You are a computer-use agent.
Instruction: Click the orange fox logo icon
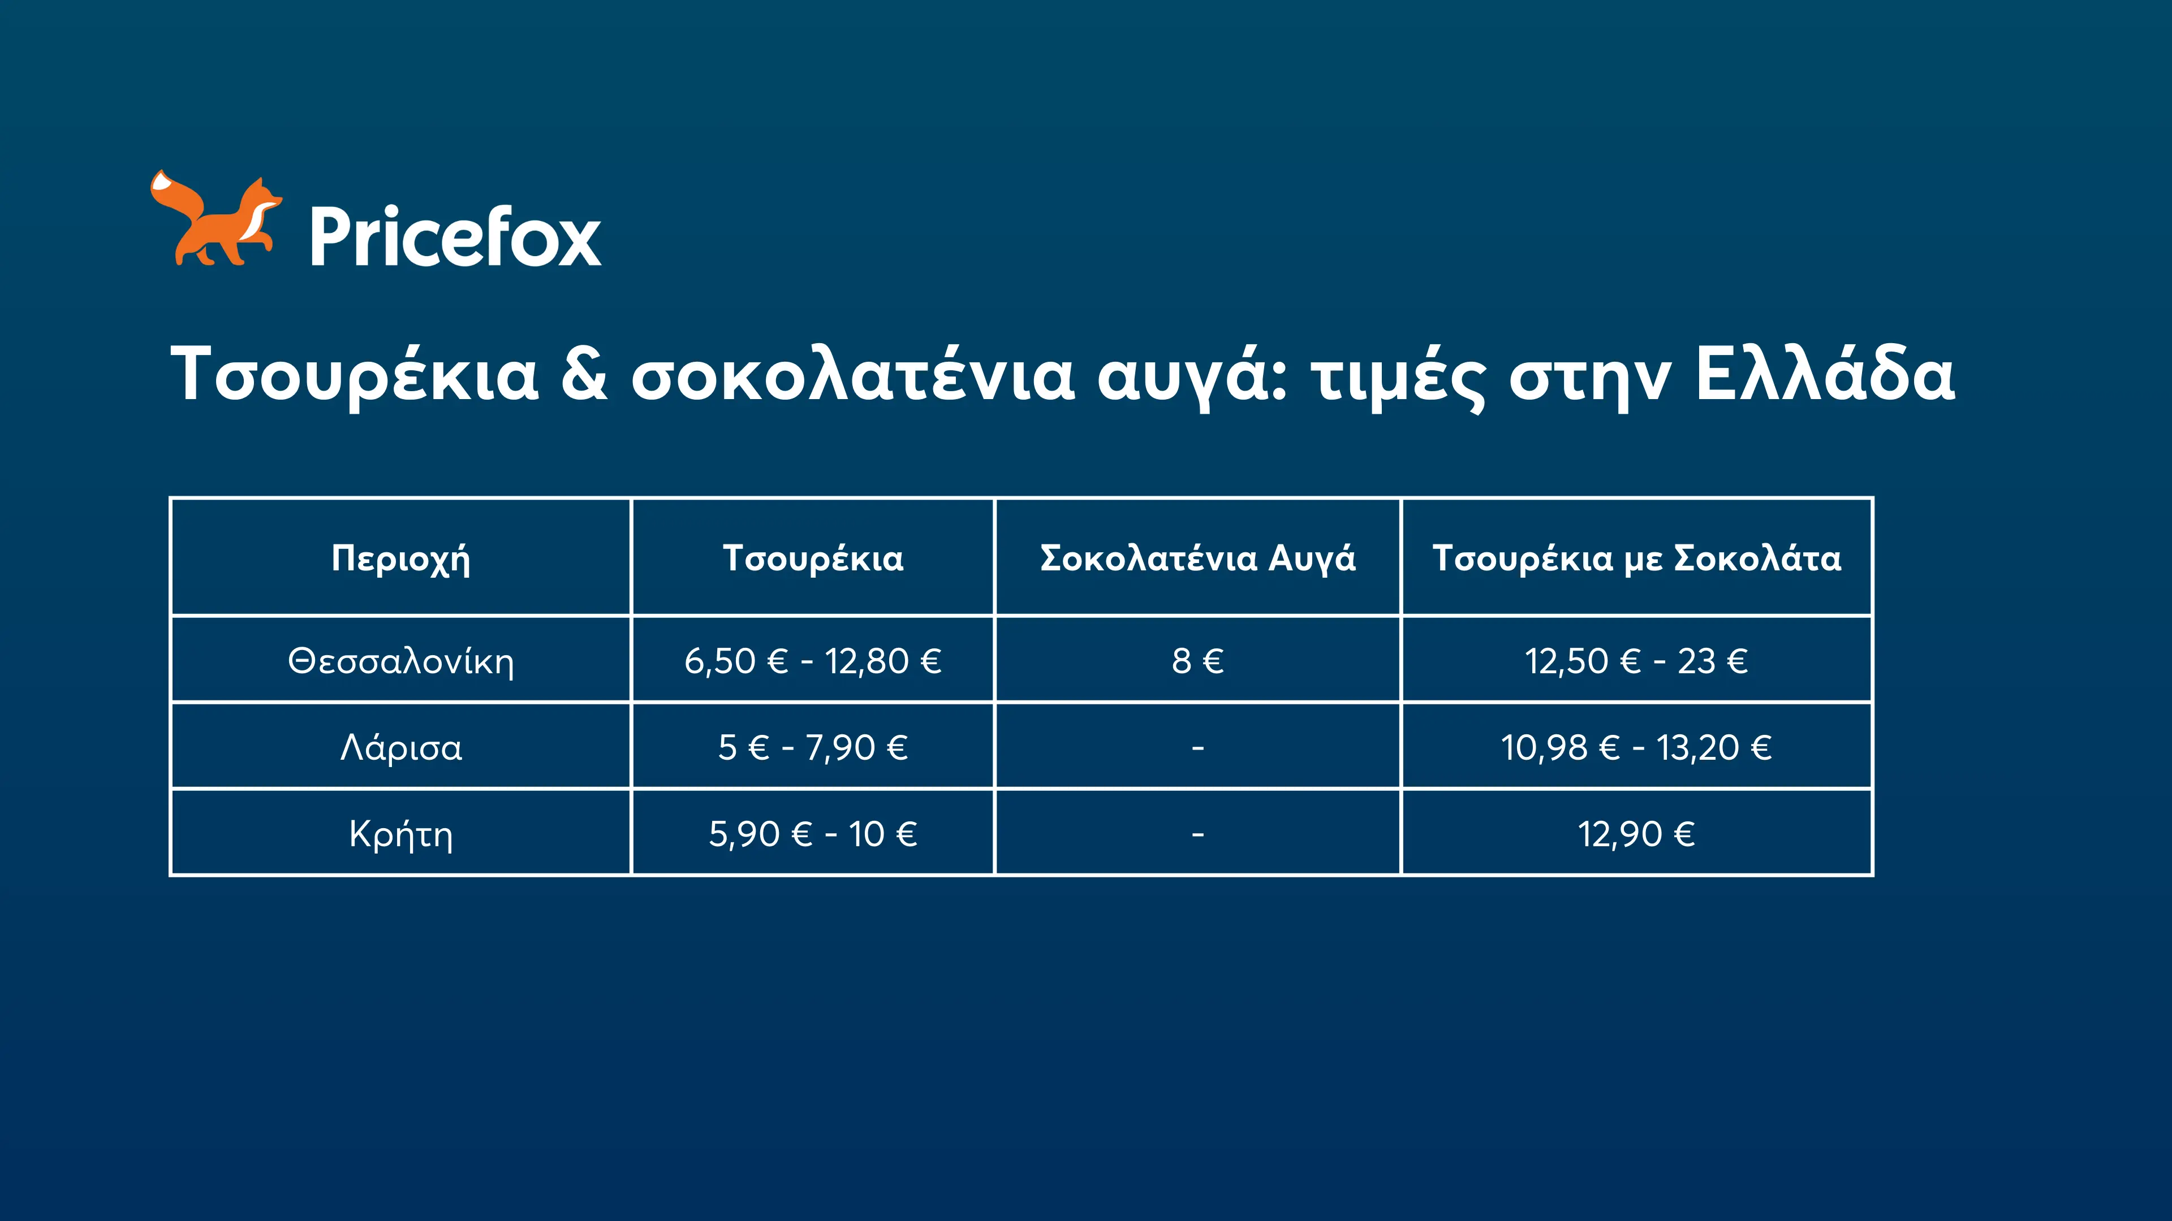click(x=216, y=219)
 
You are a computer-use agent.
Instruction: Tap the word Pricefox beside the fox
click(x=455, y=237)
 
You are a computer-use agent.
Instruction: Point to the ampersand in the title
click(x=584, y=373)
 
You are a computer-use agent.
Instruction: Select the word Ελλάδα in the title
click(x=1825, y=373)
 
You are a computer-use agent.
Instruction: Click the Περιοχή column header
click(x=400, y=558)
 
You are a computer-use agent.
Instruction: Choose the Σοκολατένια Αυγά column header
click(x=1198, y=558)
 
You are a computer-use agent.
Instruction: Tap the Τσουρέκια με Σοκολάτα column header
click(x=1636, y=558)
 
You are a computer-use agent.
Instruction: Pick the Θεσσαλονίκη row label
click(x=400, y=661)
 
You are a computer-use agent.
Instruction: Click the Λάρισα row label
click(x=400, y=747)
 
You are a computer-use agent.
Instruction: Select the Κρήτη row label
click(x=400, y=835)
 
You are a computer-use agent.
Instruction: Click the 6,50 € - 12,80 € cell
click(x=813, y=661)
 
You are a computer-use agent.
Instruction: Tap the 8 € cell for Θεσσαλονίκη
click(x=1197, y=661)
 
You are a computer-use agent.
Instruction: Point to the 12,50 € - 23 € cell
click(x=1636, y=661)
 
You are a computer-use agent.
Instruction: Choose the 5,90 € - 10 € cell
click(x=813, y=834)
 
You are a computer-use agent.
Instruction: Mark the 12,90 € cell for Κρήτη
click(x=1636, y=834)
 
